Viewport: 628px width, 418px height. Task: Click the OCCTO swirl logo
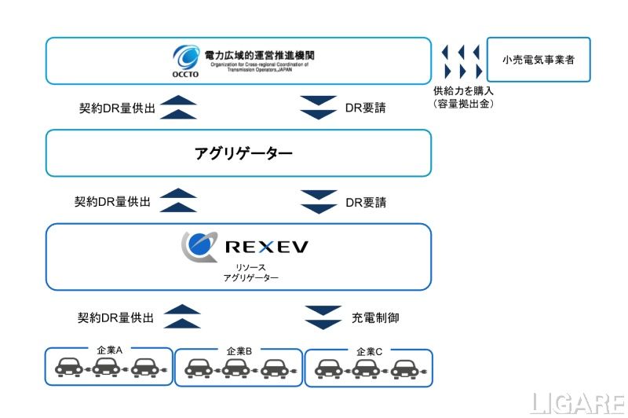pyautogui.click(x=188, y=57)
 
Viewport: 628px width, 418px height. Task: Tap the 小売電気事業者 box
pyautogui.click(x=538, y=59)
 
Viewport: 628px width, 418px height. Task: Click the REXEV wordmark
pyautogui.click(x=266, y=247)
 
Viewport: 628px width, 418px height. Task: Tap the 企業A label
pyautogui.click(x=108, y=350)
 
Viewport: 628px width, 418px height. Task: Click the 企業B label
pyautogui.click(x=239, y=350)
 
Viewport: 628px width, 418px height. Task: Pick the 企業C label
pyautogui.click(x=369, y=350)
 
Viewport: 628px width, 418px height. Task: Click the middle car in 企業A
pyautogui.click(x=107, y=368)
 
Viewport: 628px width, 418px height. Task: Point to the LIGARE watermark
pyautogui.click(x=577, y=403)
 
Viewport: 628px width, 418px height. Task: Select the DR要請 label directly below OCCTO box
pyautogui.click(x=366, y=108)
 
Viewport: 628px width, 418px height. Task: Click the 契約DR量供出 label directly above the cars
pyautogui.click(x=115, y=318)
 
